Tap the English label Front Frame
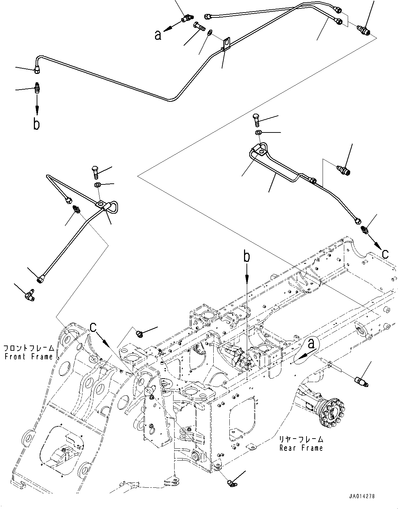(x=29, y=356)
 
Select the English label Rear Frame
(x=301, y=448)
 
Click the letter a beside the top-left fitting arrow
(x=158, y=35)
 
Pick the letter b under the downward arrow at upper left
(x=37, y=124)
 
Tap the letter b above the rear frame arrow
(x=247, y=257)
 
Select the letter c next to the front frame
(x=93, y=327)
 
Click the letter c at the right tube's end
(x=385, y=253)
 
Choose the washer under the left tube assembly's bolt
(x=98, y=184)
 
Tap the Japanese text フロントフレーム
(x=29, y=348)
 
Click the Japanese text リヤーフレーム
(x=301, y=440)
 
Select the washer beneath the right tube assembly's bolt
(x=258, y=133)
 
